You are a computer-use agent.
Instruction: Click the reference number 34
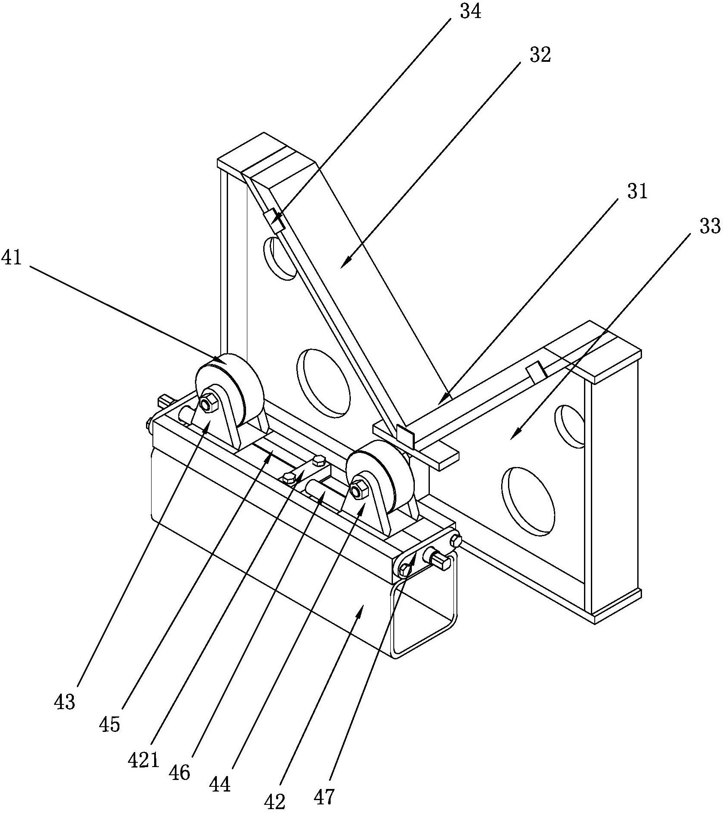(471, 12)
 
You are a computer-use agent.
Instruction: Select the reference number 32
(540, 55)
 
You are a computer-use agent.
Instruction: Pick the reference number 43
(65, 702)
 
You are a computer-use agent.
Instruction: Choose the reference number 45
(110, 725)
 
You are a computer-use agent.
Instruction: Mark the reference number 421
(144, 761)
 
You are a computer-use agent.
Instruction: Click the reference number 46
(179, 773)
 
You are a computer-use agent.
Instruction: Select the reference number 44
(220, 785)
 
